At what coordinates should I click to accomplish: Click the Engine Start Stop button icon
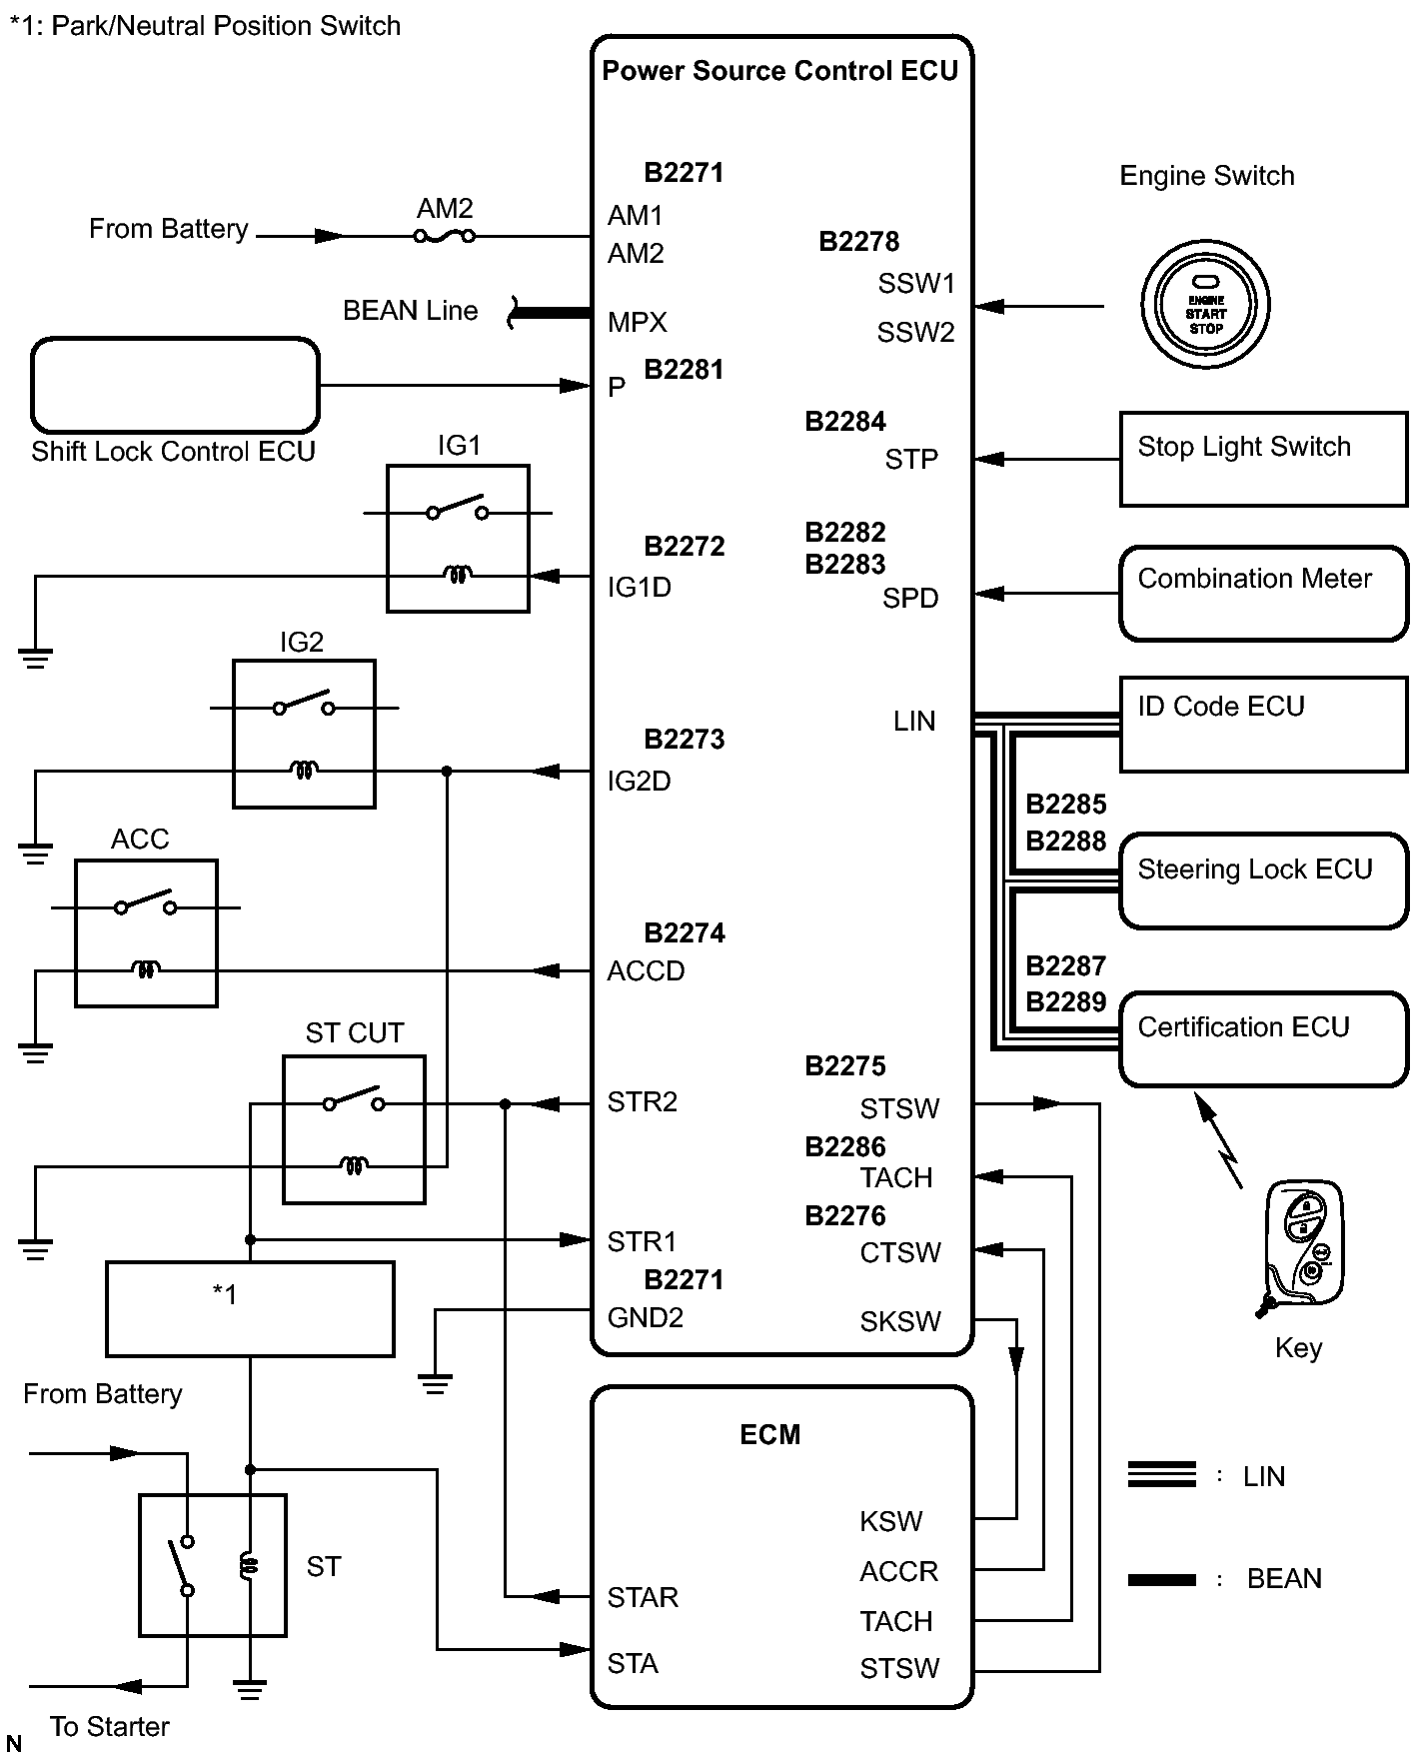click(1205, 305)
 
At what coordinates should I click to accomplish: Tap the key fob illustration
click(1302, 1243)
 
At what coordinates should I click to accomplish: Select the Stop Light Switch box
click(1263, 459)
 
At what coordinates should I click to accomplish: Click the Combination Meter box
click(1263, 593)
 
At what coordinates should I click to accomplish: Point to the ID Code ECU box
click(1263, 725)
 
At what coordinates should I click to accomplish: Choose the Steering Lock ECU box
click(1263, 880)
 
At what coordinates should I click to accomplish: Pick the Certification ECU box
click(1263, 1038)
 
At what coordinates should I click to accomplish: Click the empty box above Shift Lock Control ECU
click(175, 385)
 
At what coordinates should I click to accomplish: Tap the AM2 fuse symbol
click(445, 237)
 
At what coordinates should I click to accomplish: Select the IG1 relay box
click(458, 538)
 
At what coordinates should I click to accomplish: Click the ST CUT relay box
click(354, 1129)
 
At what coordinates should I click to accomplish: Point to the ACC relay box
click(146, 932)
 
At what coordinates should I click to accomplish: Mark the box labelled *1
click(250, 1308)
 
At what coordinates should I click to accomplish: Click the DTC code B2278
click(858, 242)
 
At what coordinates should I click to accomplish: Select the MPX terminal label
click(637, 323)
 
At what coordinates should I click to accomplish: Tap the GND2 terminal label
click(645, 1318)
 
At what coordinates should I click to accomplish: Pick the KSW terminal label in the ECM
click(890, 1521)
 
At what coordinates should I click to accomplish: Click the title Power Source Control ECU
click(779, 71)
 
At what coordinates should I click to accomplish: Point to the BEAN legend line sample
click(1161, 1580)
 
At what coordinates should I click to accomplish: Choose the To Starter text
click(110, 1727)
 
